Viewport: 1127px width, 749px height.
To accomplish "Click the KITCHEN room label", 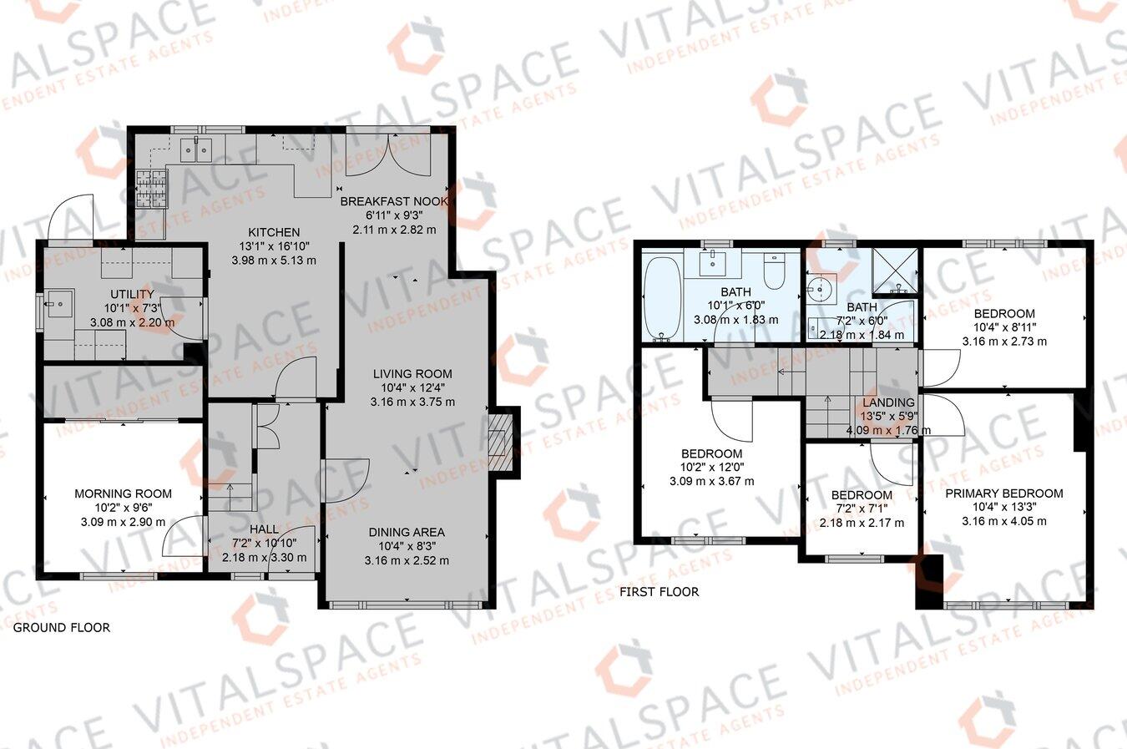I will (x=273, y=232).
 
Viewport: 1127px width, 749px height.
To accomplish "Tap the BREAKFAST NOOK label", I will (x=394, y=202).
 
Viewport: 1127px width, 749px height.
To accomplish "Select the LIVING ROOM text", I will (x=412, y=374).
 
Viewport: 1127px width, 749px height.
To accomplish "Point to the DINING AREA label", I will (x=407, y=532).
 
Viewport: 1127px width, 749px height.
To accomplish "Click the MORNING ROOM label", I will (x=123, y=493).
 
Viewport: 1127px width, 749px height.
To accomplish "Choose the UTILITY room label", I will (x=132, y=294).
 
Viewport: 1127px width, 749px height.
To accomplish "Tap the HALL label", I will (x=264, y=529).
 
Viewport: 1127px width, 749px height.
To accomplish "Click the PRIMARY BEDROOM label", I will (x=1003, y=493).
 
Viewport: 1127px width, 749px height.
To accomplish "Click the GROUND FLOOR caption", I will (x=62, y=627).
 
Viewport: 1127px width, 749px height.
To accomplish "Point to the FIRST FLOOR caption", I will (x=659, y=592).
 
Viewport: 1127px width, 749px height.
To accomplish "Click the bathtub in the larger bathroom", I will (x=662, y=300).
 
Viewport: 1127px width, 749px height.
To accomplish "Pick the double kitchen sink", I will (x=198, y=150).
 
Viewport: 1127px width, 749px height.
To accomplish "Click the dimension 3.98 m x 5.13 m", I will (x=273, y=260).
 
